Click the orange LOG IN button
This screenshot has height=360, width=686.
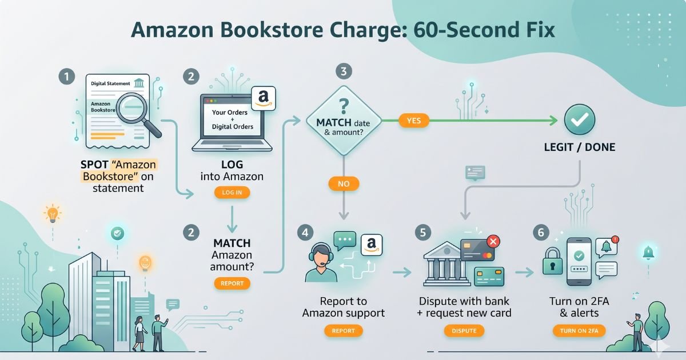[x=232, y=193]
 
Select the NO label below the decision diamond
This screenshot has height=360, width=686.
[x=344, y=184]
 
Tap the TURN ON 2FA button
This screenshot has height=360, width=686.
[x=579, y=330]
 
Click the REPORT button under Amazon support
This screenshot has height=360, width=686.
[x=343, y=330]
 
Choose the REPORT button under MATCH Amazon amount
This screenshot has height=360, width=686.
[x=232, y=283]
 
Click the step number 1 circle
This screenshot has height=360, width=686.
[x=67, y=76]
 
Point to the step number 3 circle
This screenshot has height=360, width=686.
[x=344, y=71]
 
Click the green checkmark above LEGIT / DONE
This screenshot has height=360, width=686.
[x=580, y=119]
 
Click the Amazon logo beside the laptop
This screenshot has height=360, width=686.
[x=264, y=98]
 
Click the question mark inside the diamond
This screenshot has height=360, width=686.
[x=343, y=107]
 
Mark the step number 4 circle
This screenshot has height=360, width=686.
[x=306, y=232]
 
